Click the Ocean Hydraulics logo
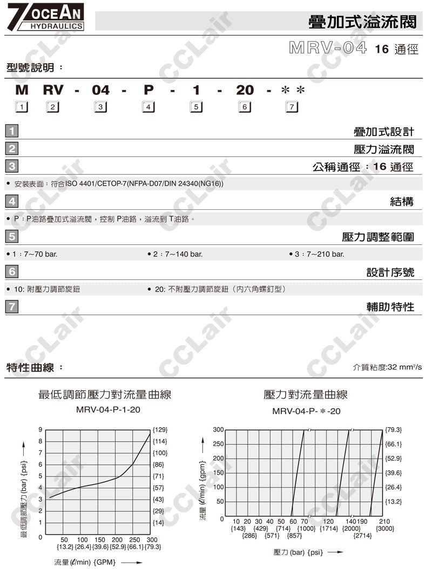[46, 18]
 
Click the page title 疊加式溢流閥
[362, 22]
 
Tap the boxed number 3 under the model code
[100, 107]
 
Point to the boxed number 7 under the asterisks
[292, 107]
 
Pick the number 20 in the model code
[245, 90]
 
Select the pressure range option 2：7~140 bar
[175, 254]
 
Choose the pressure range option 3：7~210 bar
[317, 254]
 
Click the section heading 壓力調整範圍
[378, 237]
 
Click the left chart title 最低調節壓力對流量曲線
[105, 395]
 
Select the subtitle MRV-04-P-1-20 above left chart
[108, 410]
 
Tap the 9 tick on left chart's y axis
[40, 430]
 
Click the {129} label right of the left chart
[160, 430]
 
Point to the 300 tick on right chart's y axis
[218, 430]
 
